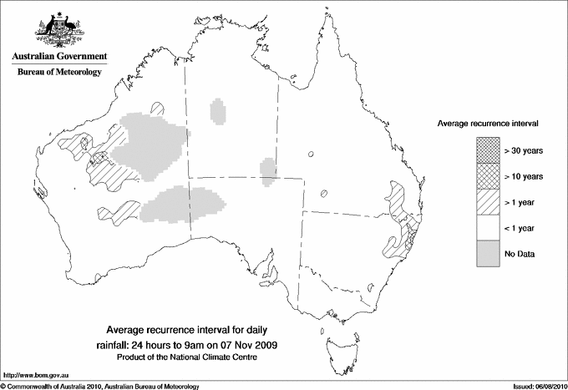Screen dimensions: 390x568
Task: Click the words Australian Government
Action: pyautogui.click(x=58, y=57)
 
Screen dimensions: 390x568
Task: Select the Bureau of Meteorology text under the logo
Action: pyautogui.click(x=58, y=73)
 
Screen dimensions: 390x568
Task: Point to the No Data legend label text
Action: pyautogui.click(x=519, y=254)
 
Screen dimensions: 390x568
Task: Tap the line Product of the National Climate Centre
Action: pyautogui.click(x=193, y=358)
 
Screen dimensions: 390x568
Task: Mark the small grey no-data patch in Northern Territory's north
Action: pyautogui.click(x=219, y=111)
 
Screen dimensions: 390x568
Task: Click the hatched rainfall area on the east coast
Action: pyautogui.click(x=399, y=219)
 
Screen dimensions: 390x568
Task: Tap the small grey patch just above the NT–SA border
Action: pyautogui.click(x=269, y=168)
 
